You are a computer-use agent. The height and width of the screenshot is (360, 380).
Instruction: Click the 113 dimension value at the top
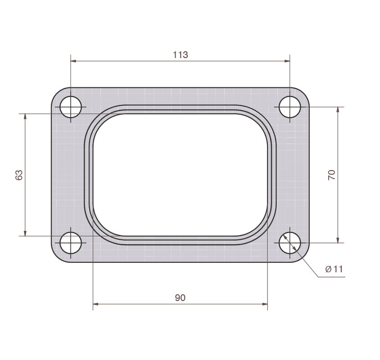tap(180, 55)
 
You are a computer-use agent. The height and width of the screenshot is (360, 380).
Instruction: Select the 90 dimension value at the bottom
tap(180, 297)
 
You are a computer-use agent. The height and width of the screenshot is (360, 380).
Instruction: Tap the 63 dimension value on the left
tap(19, 175)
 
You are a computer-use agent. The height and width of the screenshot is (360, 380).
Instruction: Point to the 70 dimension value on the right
tap(331, 175)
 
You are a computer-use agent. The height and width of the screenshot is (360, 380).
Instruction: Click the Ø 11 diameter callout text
tap(334, 270)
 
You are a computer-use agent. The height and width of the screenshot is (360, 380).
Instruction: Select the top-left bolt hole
tap(71, 107)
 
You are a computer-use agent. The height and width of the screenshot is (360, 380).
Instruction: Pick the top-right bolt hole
tap(290, 107)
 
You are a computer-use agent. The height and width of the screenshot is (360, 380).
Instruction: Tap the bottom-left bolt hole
tap(71, 243)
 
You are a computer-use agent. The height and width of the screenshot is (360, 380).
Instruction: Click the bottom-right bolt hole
tap(290, 243)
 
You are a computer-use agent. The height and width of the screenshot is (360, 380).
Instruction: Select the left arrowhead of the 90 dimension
tap(95, 304)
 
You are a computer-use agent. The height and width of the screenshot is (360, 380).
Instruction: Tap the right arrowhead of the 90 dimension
tap(265, 304)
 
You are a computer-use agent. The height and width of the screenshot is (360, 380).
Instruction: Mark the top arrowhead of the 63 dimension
tap(25, 117)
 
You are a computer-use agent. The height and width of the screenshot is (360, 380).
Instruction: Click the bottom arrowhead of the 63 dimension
tap(25, 233)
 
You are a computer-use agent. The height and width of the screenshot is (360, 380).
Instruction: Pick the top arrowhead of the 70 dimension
tap(338, 110)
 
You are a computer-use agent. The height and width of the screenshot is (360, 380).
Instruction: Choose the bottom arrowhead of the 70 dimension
tap(338, 240)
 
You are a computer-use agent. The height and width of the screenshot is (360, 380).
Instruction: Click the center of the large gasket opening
tap(180, 175)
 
